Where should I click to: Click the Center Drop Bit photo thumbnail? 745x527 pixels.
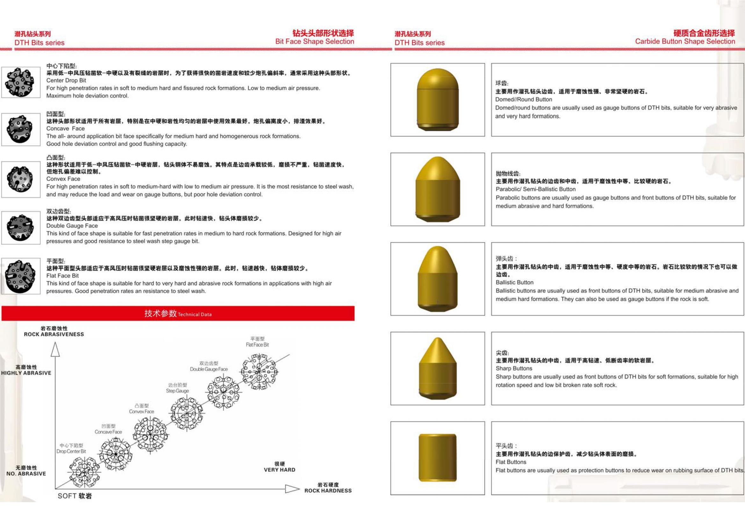(x=20, y=82)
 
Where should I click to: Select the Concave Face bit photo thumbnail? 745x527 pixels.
(x=20, y=129)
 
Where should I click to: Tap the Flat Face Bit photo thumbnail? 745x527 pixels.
(x=20, y=276)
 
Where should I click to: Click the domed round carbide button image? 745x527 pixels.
(x=438, y=100)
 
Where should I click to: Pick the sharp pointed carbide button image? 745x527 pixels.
(x=438, y=368)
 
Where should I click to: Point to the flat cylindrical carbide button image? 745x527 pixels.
(x=438, y=458)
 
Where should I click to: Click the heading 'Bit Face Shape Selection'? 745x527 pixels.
(x=315, y=41)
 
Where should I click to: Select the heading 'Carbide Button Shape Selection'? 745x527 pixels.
(x=685, y=41)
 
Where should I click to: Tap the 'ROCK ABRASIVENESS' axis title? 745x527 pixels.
(x=54, y=334)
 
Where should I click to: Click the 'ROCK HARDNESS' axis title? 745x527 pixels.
(x=328, y=491)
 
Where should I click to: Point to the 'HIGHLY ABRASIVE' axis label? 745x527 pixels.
(x=26, y=373)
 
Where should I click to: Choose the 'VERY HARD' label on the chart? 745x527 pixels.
(x=279, y=470)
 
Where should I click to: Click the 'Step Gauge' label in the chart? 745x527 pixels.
(x=177, y=391)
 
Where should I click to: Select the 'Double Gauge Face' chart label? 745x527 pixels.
(x=209, y=369)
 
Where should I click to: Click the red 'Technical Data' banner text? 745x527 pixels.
(x=178, y=314)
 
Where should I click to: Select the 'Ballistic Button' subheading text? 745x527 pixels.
(x=514, y=282)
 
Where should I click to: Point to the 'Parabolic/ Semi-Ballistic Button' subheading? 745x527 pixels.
(x=535, y=189)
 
